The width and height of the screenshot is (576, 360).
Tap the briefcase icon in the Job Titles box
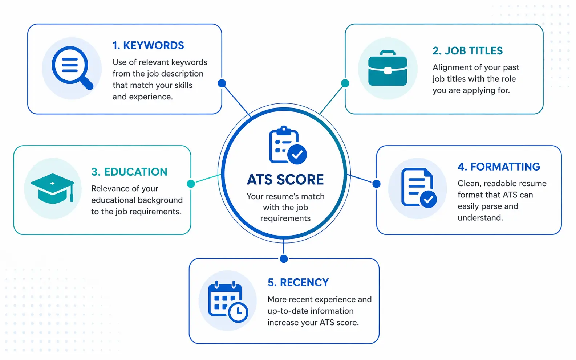(x=388, y=69)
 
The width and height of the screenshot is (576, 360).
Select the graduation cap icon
(x=53, y=188)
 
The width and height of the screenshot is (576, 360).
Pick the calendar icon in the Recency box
(x=227, y=301)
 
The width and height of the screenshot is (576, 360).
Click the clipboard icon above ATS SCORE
(x=287, y=145)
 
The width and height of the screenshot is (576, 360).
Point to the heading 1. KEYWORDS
(x=148, y=45)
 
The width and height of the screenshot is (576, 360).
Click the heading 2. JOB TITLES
(x=467, y=51)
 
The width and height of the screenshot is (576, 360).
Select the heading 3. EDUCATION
(x=129, y=172)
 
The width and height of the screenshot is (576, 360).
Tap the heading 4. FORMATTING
(x=499, y=167)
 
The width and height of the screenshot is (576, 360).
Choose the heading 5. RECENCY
(x=298, y=282)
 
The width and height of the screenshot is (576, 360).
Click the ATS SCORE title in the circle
(x=285, y=180)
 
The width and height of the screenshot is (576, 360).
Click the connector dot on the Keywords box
(x=222, y=83)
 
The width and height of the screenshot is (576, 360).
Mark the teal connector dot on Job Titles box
(x=345, y=83)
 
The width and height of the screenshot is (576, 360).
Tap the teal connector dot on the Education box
(x=191, y=184)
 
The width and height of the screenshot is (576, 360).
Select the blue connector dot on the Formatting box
(x=377, y=184)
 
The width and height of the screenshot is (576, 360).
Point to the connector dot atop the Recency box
(x=284, y=259)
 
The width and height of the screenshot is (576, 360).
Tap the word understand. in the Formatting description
(x=480, y=218)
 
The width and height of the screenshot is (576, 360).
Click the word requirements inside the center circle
(x=285, y=218)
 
